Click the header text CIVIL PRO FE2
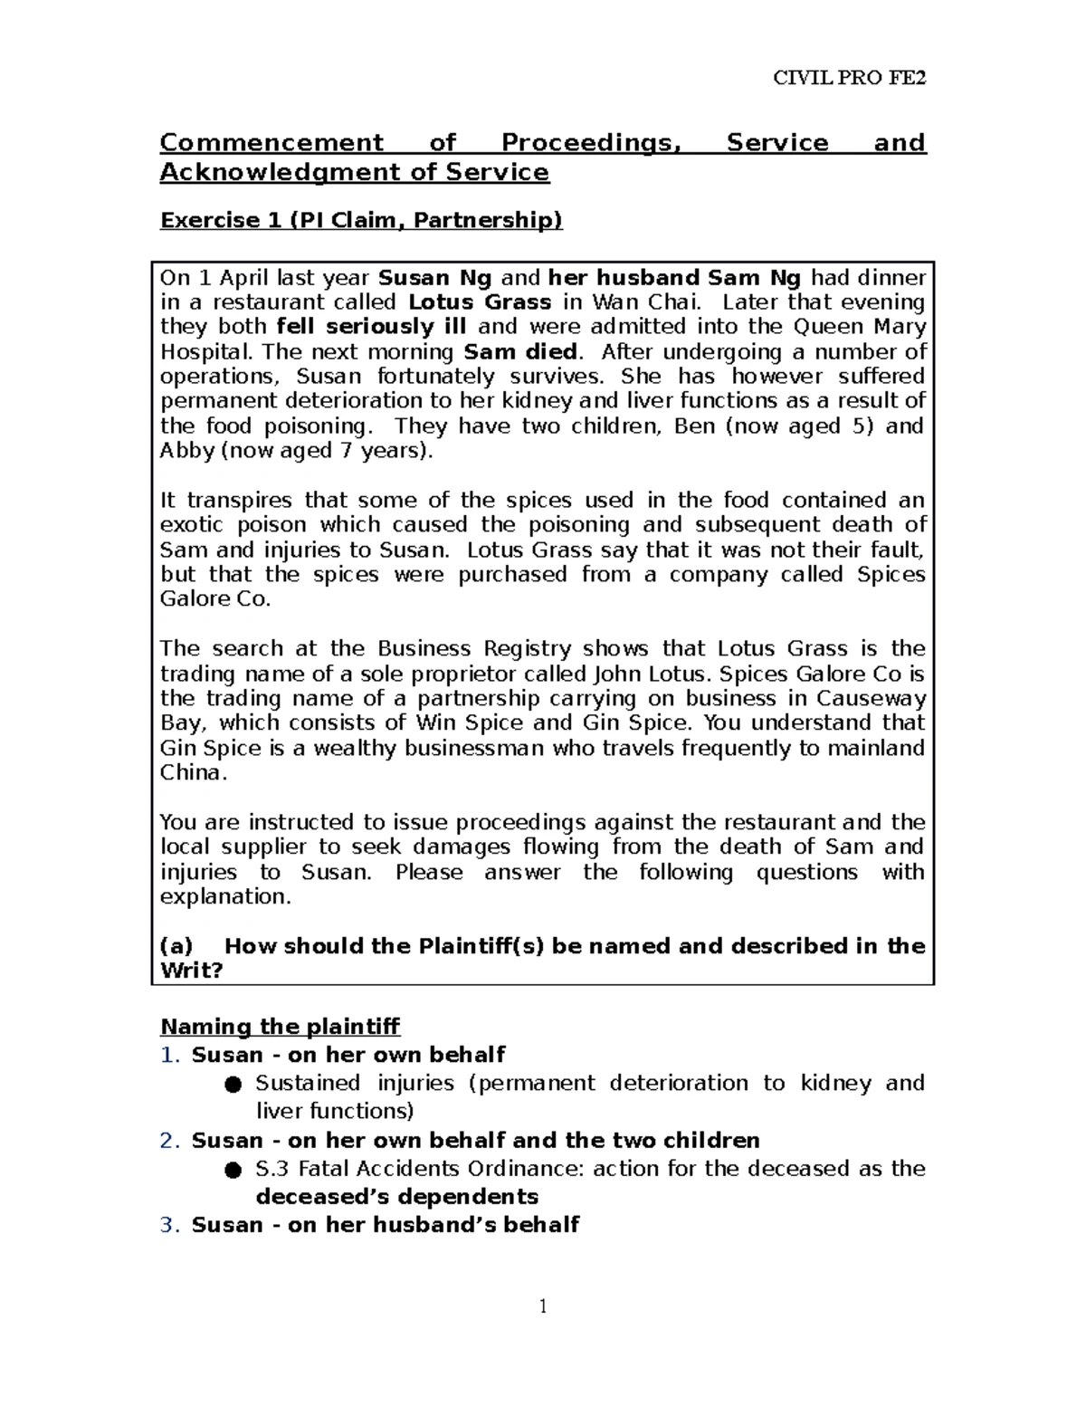pyautogui.click(x=849, y=78)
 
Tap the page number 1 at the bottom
pyautogui.click(x=543, y=1306)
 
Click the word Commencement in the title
pyautogui.click(x=271, y=143)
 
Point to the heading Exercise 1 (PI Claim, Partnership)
pyautogui.click(x=361, y=221)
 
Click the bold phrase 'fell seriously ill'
pyautogui.click(x=371, y=327)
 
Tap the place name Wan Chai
pyautogui.click(x=643, y=302)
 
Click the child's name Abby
pyautogui.click(x=186, y=451)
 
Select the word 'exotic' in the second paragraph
pyautogui.click(x=191, y=525)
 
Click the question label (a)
pyautogui.click(x=176, y=946)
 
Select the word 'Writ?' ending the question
pyautogui.click(x=191, y=971)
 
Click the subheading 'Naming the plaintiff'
pyautogui.click(x=280, y=1027)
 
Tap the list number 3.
pyautogui.click(x=169, y=1225)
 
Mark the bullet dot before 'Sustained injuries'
pyautogui.click(x=233, y=1085)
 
